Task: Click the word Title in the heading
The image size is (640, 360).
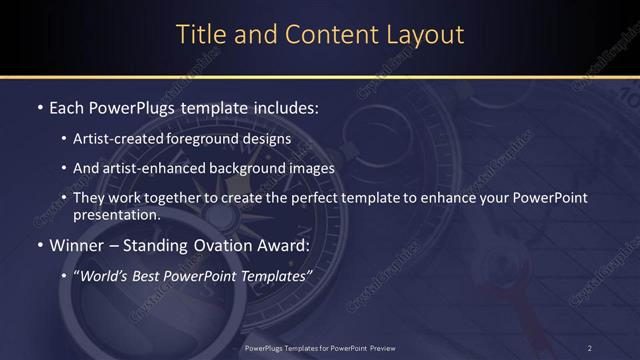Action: point(198,34)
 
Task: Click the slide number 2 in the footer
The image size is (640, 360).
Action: point(590,347)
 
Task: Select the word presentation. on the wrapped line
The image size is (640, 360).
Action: point(116,214)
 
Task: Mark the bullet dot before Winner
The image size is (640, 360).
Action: point(39,244)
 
